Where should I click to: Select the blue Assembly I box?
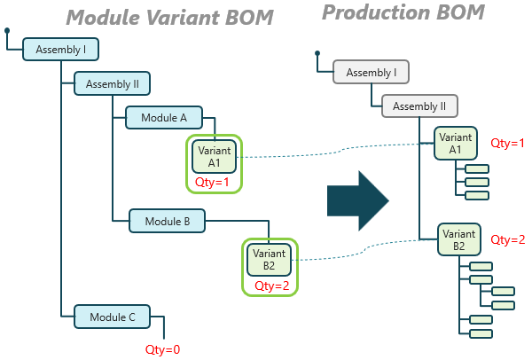(60, 50)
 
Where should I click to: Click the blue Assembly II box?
(113, 84)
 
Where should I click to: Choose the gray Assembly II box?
(419, 106)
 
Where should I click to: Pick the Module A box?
(165, 117)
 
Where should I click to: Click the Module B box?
(168, 221)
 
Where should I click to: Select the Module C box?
(113, 317)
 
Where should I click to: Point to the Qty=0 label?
(162, 349)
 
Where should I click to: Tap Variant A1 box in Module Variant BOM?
(214, 156)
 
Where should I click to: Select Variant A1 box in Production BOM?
(456, 143)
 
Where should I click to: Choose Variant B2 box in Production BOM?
(459, 239)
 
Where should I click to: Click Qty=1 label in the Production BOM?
(508, 143)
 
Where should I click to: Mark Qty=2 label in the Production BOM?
(508, 239)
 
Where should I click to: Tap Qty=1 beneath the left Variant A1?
(212, 183)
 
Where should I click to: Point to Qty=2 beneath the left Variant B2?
(271, 286)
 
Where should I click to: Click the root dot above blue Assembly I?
(7, 31)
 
